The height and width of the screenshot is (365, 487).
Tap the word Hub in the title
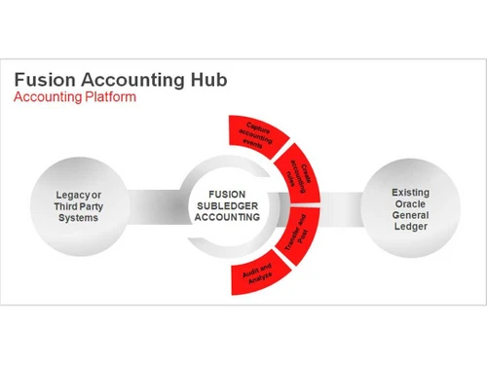[x=206, y=80]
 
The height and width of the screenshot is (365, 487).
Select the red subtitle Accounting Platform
[x=75, y=98]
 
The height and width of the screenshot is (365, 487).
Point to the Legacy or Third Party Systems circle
[x=78, y=207]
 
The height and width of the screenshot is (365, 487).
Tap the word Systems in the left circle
[x=78, y=219]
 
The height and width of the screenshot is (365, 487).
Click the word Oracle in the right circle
[x=410, y=202]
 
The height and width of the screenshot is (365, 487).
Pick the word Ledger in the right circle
[x=410, y=228]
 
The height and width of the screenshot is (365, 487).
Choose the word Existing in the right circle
[x=410, y=192]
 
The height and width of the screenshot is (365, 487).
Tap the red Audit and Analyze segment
[x=254, y=276]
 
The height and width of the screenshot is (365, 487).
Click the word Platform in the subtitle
[x=111, y=98]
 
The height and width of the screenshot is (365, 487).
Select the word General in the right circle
[x=410, y=215]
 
